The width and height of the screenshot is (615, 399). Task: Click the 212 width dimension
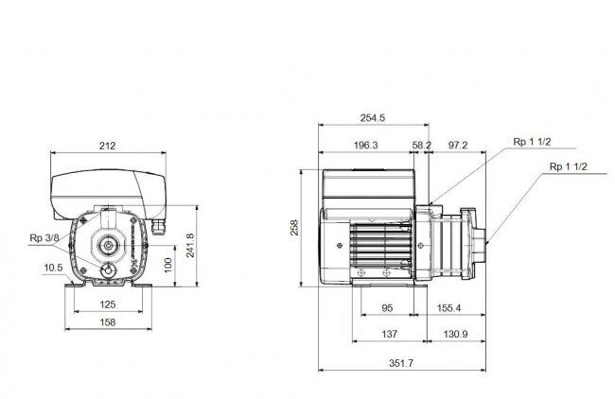pyautogui.click(x=108, y=146)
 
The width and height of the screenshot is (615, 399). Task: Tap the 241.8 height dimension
pyautogui.click(x=190, y=246)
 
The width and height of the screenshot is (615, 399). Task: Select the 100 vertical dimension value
pyautogui.click(x=168, y=265)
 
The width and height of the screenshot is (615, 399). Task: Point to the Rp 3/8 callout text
pyautogui.click(x=44, y=238)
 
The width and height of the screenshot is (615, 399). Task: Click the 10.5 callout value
pyautogui.click(x=53, y=268)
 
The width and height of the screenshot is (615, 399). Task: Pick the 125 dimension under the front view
pyautogui.click(x=108, y=304)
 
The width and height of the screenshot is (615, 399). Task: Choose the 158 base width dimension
pyautogui.click(x=108, y=322)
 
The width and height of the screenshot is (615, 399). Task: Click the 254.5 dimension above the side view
pyautogui.click(x=372, y=117)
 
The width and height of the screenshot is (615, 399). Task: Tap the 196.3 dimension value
pyautogui.click(x=365, y=145)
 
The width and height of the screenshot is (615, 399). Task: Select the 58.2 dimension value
pyautogui.click(x=422, y=145)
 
